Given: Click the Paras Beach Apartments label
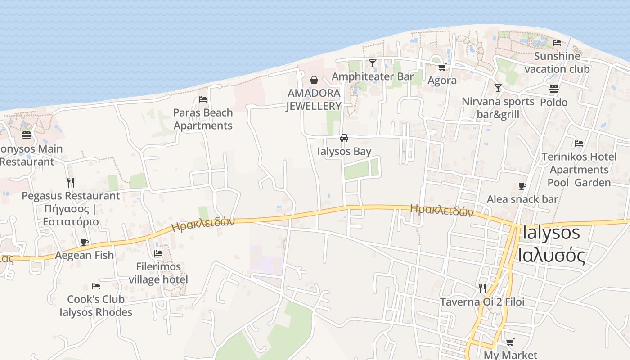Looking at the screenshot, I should pos(203,119).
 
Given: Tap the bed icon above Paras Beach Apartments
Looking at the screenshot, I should pos(203,99).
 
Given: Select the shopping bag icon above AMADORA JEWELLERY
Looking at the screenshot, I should pos(314,80).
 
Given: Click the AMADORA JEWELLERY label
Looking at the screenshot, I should pos(314,100).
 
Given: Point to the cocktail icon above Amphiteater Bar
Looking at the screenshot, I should pos(373,63).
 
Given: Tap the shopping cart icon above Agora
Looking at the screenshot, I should pos(442,67).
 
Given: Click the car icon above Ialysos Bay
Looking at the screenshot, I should pos(344,138).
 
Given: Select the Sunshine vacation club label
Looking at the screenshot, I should pos(557,63).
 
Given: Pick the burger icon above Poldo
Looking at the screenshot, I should pos(554,89).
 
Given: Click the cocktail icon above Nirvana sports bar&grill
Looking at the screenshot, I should pos(498,88).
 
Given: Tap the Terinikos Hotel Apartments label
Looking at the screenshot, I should pos(579,163).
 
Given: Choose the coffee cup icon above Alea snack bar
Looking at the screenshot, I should pos(522,186).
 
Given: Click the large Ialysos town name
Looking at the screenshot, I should pos(551,233).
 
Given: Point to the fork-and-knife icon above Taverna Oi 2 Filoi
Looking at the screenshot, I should pos(482,288).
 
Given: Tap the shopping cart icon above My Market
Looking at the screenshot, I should pos(510,342).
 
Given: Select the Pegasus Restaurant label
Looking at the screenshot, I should pos(71,196).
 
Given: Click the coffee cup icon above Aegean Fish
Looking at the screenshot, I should pos(85,242).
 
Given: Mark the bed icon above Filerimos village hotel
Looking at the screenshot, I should pos(158,253).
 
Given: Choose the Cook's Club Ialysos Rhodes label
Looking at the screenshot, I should pos(96,306).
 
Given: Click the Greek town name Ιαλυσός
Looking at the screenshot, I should pos(552,256).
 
